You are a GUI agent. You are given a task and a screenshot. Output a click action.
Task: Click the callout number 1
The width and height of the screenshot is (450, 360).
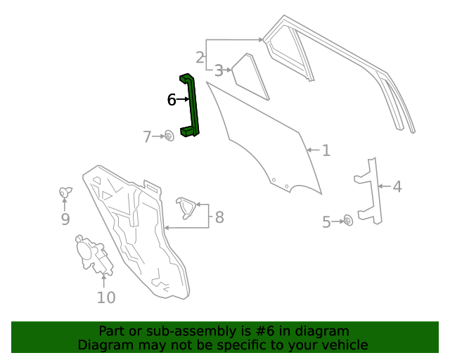(326, 150)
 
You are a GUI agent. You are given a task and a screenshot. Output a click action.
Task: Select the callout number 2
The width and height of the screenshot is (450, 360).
(200, 57)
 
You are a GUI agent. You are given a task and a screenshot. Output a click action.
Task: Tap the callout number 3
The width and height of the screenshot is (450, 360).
(219, 70)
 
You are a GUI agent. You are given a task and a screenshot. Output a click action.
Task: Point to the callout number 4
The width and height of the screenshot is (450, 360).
(397, 186)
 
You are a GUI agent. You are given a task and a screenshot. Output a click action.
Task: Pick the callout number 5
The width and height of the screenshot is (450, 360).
(326, 222)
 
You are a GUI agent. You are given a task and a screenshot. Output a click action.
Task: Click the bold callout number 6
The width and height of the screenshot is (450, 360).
(172, 100)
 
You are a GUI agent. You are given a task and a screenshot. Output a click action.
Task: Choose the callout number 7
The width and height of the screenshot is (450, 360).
(147, 136)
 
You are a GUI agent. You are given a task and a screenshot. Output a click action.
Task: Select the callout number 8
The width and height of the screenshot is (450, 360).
(219, 217)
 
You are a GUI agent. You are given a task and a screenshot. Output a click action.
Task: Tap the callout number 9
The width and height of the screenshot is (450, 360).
(65, 219)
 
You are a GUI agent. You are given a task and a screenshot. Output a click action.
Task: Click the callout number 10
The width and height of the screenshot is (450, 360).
(105, 297)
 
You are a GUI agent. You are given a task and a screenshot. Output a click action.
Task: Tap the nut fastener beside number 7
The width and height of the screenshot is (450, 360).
(169, 135)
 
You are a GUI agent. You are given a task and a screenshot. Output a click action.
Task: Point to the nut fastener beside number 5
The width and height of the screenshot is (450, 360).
(347, 221)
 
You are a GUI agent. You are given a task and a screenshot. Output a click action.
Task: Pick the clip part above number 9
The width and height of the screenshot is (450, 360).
(65, 191)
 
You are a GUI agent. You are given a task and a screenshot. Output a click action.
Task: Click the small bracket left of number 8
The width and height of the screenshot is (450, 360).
(187, 207)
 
